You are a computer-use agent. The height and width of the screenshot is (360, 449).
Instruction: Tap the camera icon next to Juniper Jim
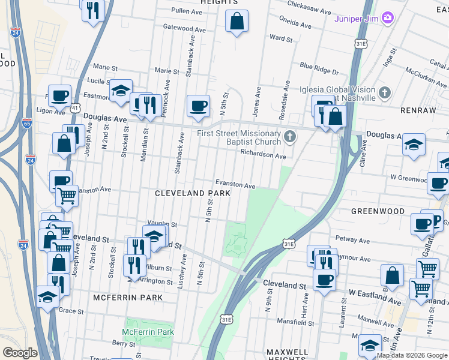click(388, 17)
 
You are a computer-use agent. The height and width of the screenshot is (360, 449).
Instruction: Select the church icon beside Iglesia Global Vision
click(385, 94)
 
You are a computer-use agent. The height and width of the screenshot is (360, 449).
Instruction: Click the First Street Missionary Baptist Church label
click(240, 137)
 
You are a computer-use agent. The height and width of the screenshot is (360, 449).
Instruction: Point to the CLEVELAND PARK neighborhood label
click(193, 194)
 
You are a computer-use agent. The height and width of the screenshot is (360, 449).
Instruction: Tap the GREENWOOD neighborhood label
click(377, 211)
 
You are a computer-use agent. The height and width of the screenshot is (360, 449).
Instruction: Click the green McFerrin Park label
click(148, 332)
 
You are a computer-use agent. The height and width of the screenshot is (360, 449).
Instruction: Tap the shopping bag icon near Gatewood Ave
click(237, 22)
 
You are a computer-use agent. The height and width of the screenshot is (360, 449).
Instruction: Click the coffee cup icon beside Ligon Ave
click(60, 95)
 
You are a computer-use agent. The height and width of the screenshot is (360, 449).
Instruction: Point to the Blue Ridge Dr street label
click(319, 68)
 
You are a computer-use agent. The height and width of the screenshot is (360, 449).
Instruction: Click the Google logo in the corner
click(20, 353)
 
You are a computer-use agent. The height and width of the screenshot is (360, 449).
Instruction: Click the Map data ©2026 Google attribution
click(411, 355)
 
